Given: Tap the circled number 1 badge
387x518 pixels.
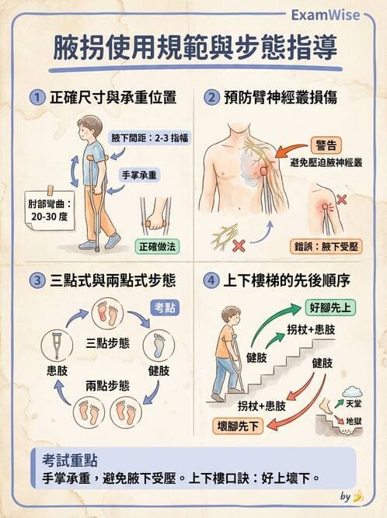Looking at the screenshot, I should point(36,98).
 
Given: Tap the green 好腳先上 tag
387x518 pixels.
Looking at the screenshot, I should point(330,307).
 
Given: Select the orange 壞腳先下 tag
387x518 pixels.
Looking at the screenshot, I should point(238,425).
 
